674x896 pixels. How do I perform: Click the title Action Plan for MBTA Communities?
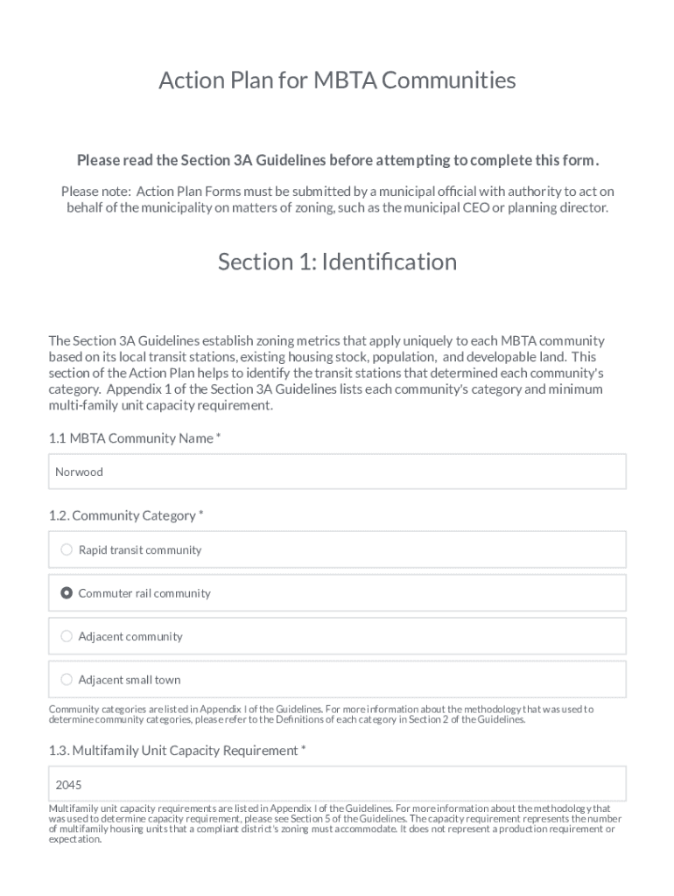pos(337,80)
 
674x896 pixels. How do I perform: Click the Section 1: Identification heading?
pos(337,262)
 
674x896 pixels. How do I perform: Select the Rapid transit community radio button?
pos(67,549)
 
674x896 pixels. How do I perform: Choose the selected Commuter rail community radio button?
pos(67,593)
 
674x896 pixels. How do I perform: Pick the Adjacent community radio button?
pos(67,636)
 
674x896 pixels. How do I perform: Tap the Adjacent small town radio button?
pos(67,679)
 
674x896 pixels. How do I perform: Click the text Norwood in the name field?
pos(79,472)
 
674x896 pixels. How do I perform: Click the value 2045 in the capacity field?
pos(68,784)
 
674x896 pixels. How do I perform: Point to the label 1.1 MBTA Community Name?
pos(130,437)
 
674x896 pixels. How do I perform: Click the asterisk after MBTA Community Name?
pos(219,437)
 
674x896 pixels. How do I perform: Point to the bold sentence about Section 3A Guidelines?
pos(337,160)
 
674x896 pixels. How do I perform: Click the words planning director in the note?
pos(563,207)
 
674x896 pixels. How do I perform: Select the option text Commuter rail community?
pos(144,593)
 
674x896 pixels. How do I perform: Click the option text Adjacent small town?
pos(130,679)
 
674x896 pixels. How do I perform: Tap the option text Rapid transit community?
pos(140,549)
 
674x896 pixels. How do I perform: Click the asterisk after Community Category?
pos(201,514)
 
